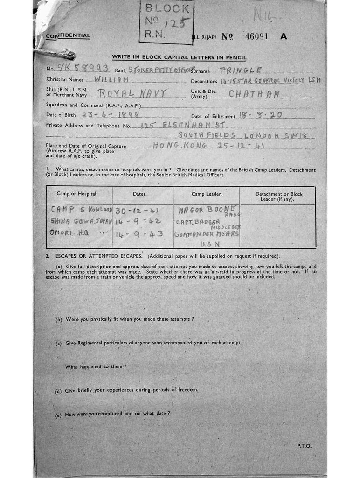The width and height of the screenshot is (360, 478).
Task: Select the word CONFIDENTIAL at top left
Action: pos(68,36)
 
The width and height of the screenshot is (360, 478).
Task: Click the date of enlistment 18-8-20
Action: pos(260,114)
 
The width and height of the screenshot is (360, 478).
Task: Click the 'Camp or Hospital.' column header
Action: pos(79,194)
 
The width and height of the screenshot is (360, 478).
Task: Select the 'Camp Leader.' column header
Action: pos(207,194)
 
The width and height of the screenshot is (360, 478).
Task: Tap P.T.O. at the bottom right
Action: pos(304,446)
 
